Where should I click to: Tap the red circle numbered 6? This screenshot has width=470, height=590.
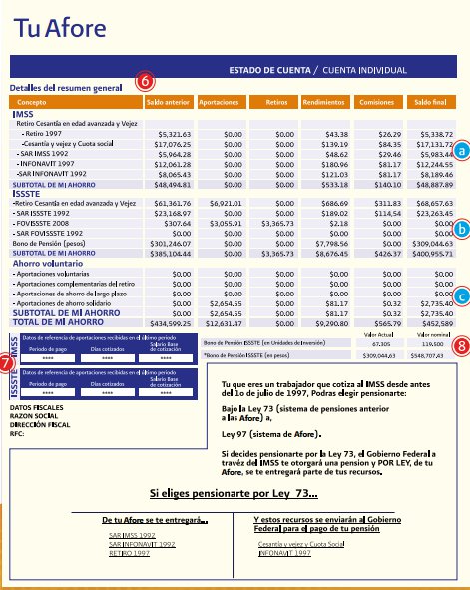coord(144,80)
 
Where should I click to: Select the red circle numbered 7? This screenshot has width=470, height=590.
coord(7,365)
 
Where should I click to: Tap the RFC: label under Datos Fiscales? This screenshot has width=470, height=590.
coord(17,434)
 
